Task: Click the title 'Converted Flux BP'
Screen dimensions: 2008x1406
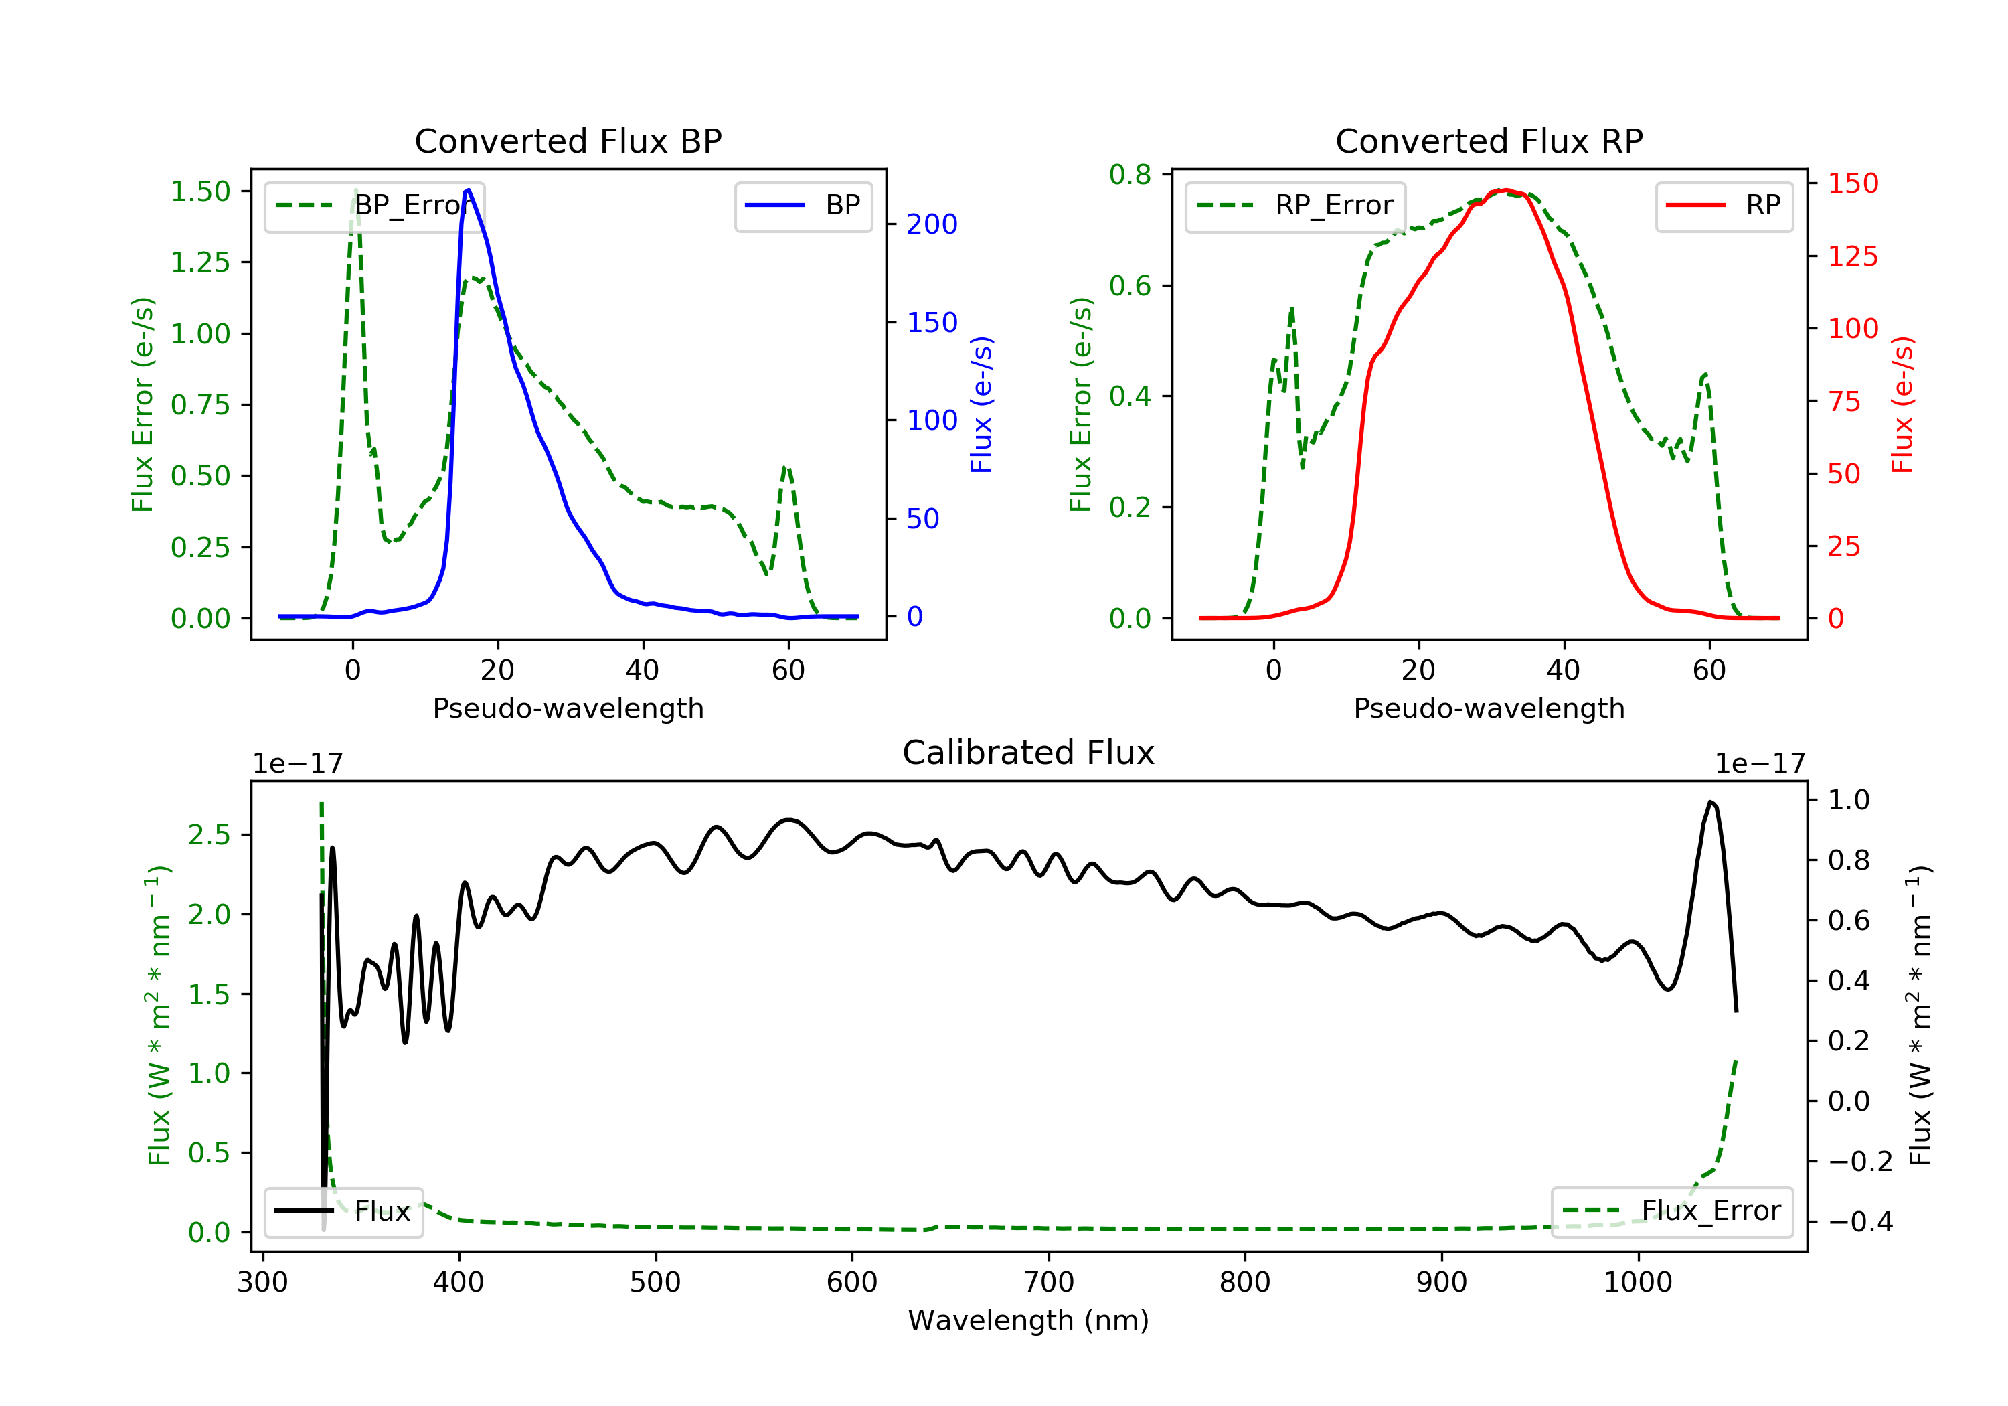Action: [x=568, y=141]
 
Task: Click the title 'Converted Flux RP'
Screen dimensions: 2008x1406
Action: [x=1489, y=141]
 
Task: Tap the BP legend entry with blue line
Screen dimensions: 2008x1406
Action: [x=803, y=206]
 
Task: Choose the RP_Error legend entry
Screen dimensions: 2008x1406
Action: [x=1295, y=206]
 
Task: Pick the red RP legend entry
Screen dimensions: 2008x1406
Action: [x=1724, y=206]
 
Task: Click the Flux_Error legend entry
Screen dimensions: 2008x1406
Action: [x=1671, y=1211]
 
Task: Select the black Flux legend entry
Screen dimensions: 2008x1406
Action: [x=343, y=1211]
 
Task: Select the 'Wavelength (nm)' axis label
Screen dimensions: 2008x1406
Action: [x=1029, y=1320]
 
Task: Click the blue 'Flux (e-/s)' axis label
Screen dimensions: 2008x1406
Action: [x=981, y=405]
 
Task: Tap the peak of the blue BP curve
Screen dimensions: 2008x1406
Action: [x=469, y=190]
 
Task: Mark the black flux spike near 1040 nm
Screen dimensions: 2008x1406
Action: [x=1711, y=801]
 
